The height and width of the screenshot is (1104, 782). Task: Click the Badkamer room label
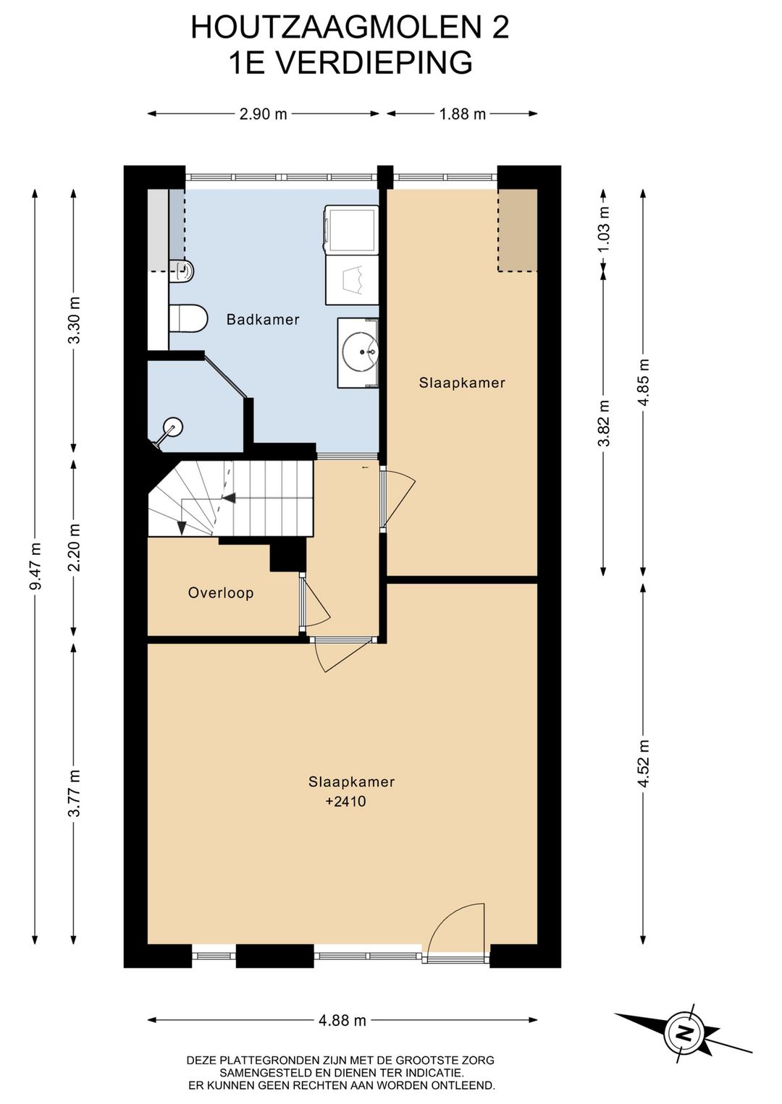pyautogui.click(x=262, y=319)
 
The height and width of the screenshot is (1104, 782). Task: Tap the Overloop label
pyautogui.click(x=221, y=593)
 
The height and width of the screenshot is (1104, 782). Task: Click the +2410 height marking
pyautogui.click(x=345, y=802)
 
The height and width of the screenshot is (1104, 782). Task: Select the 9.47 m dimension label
pyautogui.click(x=35, y=565)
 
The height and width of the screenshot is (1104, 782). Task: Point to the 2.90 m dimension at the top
pyautogui.click(x=263, y=114)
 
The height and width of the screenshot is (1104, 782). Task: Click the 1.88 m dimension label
pyautogui.click(x=462, y=114)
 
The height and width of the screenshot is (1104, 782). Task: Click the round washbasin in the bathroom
pyautogui.click(x=360, y=352)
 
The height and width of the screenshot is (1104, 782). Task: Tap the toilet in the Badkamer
pyautogui.click(x=188, y=318)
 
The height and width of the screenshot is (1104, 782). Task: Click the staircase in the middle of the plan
pyautogui.click(x=231, y=498)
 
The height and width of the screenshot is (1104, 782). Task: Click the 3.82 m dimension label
pyautogui.click(x=604, y=423)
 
